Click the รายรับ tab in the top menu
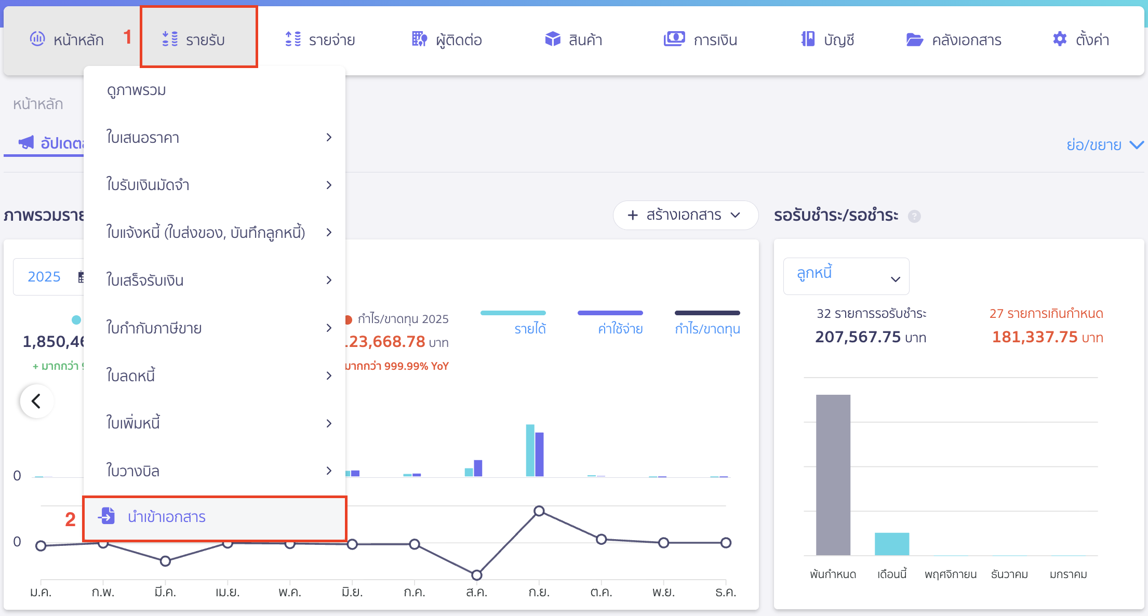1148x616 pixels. pos(198,39)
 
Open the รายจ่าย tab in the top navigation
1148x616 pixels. pos(320,39)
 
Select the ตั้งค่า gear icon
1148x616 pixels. pos(1059,39)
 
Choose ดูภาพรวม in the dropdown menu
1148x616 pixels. pos(137,90)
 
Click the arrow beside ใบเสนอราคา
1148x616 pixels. pos(329,137)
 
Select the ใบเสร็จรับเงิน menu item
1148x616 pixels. pos(145,280)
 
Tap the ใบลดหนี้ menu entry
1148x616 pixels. pos(131,376)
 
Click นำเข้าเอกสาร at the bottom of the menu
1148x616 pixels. pos(166,517)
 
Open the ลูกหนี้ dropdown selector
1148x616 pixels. pos(846,276)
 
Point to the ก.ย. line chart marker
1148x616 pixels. pos(539,511)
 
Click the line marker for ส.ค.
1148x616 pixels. pos(477,575)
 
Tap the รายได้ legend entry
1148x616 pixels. pos(530,328)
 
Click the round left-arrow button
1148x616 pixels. pos(36,401)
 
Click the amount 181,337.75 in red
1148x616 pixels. pos(1035,337)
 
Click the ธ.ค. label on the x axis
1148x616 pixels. pos(725,592)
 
